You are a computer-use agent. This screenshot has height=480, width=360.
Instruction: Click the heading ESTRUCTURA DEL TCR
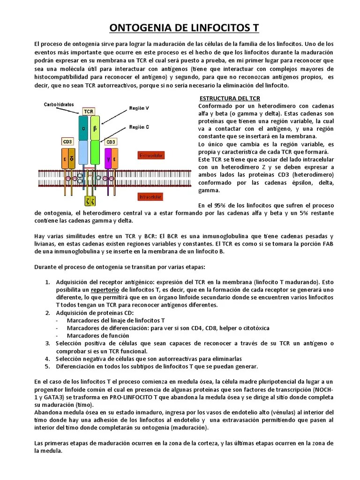coord(230,98)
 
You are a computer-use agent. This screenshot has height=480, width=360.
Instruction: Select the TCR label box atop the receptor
coord(88,111)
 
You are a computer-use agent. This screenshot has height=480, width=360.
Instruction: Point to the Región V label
coord(139,108)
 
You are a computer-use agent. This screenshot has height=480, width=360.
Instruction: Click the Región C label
coord(139,127)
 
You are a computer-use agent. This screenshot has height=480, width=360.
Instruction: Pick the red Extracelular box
coord(150,155)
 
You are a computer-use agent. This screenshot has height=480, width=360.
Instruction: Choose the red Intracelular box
coord(150,197)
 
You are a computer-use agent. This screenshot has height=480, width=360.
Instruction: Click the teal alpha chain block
coord(83,128)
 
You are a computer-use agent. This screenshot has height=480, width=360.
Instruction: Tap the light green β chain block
coord(95,128)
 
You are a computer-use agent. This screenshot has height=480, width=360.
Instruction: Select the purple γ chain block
coord(108,158)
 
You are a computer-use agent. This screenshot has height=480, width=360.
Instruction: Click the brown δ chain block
coord(71,158)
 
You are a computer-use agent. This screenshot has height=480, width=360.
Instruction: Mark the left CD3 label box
coord(67,141)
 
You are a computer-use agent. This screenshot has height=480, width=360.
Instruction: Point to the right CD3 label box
coord(111,141)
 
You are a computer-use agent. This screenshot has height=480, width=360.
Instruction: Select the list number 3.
coord(47,344)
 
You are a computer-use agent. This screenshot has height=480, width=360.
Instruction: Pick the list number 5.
coord(47,366)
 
